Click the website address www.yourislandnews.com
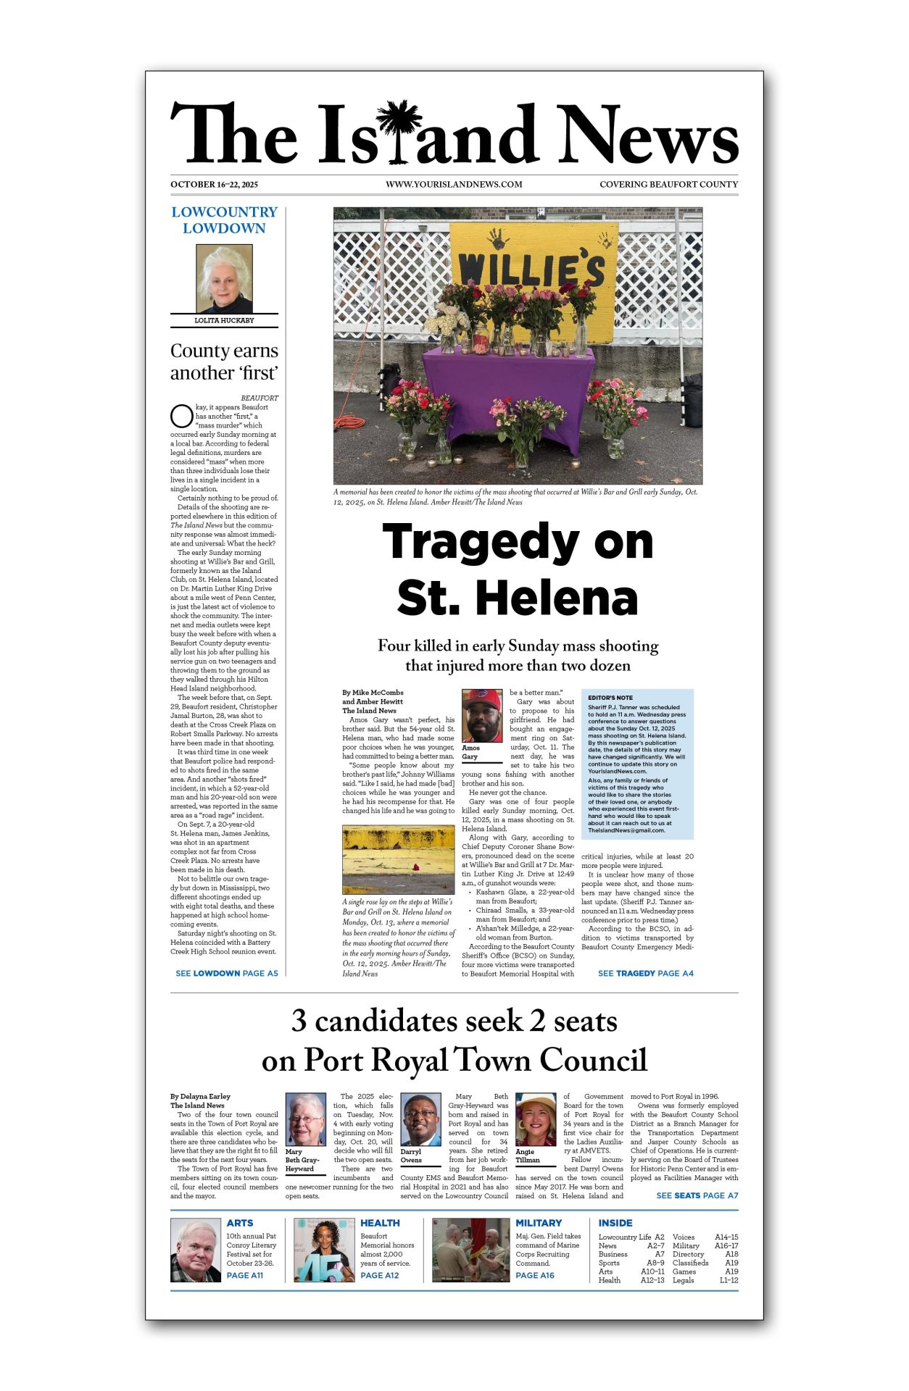click(454, 185)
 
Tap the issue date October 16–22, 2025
click(214, 185)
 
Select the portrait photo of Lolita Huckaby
click(224, 279)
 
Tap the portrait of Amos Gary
click(481, 716)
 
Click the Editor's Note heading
click(610, 698)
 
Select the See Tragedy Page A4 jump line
click(645, 974)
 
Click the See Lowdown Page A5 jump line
click(226, 974)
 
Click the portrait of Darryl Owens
click(420, 1119)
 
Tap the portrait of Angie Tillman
click(536, 1119)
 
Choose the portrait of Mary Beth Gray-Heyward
click(306, 1119)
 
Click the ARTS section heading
click(240, 1223)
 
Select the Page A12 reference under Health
click(379, 1275)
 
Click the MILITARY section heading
click(539, 1223)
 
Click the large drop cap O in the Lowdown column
click(181, 416)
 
